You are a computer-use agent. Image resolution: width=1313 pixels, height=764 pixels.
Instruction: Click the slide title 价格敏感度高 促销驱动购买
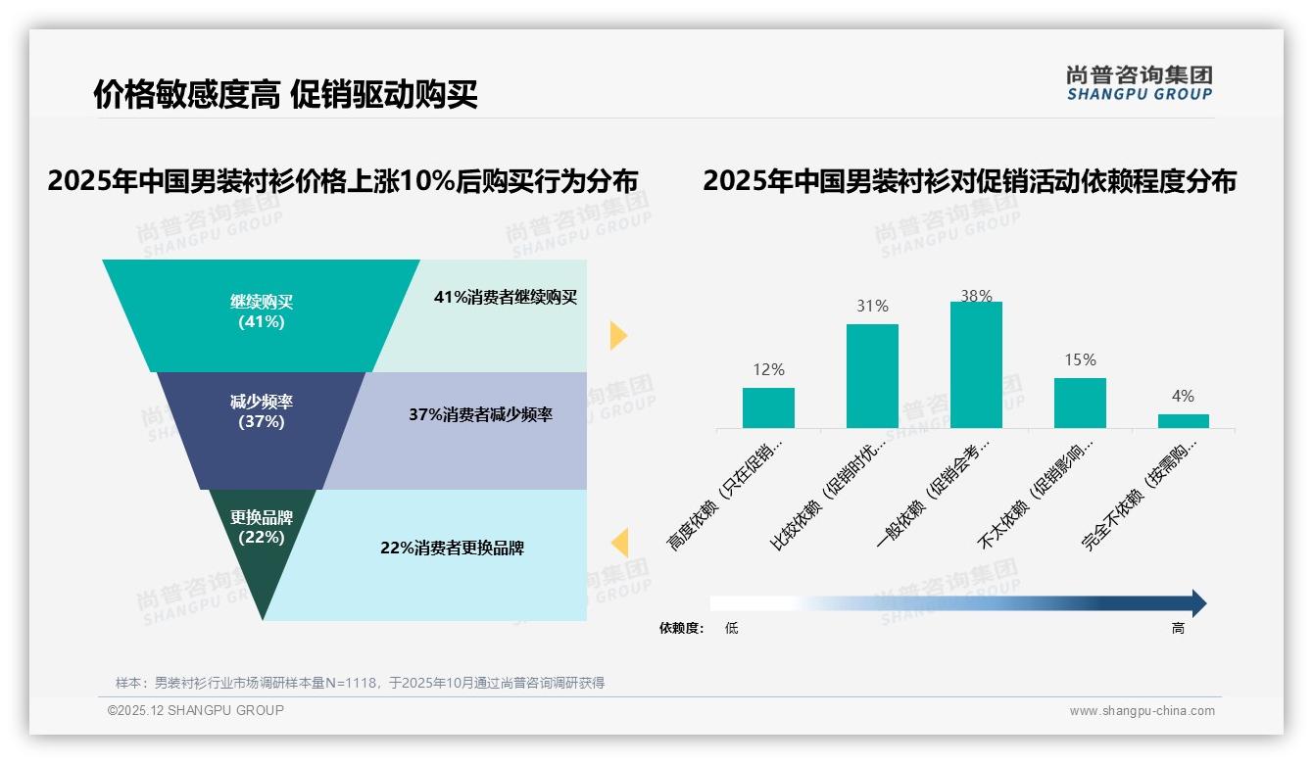point(285,95)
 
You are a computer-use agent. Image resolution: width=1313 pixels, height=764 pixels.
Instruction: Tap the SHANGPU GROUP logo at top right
point(1140,83)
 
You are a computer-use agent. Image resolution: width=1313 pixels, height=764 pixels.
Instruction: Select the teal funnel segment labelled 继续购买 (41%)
point(262,311)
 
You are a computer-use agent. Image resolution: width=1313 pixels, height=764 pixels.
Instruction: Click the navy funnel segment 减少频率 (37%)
point(262,412)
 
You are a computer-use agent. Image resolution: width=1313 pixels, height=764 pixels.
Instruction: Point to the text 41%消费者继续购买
point(506,298)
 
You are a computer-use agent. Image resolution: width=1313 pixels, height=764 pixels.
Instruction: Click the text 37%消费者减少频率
point(480,415)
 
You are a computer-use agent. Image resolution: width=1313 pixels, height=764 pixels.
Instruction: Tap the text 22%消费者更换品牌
point(452,548)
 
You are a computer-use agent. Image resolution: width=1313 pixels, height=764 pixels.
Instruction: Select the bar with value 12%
point(768,407)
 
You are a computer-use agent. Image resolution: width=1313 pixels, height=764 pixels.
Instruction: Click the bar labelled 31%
point(872,375)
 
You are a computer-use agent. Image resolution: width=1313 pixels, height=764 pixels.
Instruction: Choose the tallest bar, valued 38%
point(976,364)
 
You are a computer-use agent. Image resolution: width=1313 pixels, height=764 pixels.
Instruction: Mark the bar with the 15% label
point(1080,403)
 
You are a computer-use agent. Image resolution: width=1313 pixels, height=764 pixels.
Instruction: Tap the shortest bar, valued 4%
point(1183,420)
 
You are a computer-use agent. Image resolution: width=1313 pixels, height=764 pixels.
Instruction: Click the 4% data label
point(1183,397)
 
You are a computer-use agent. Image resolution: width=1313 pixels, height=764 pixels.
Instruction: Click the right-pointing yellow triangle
point(618,335)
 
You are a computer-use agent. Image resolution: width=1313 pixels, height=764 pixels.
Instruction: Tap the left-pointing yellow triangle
point(619,542)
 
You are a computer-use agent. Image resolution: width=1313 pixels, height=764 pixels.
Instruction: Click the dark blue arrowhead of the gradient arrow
point(1198,603)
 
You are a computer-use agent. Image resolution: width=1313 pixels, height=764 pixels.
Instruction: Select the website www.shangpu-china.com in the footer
point(1142,711)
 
